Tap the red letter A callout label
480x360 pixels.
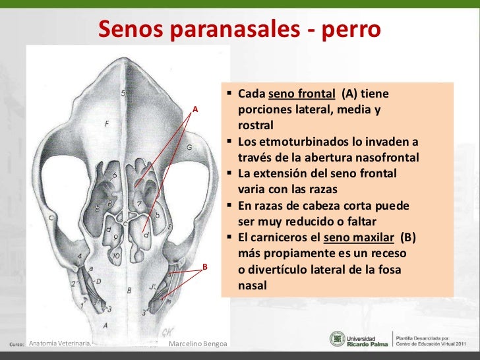(195, 109)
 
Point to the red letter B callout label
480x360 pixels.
(205, 267)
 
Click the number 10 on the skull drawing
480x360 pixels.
(115, 256)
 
